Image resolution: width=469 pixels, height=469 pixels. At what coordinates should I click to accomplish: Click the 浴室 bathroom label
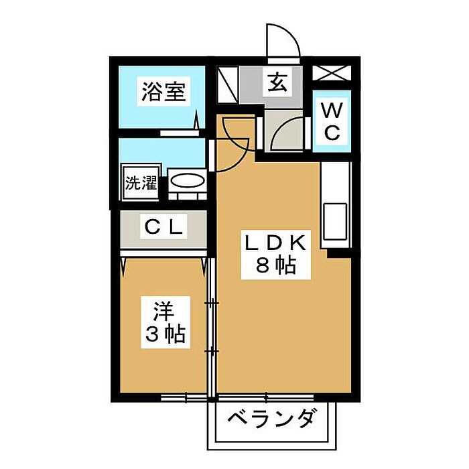pyautogui.click(x=163, y=92)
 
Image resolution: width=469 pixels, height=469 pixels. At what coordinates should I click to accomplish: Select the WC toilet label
pyautogui.click(x=332, y=120)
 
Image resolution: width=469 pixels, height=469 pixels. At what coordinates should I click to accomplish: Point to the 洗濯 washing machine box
pyautogui.click(x=140, y=182)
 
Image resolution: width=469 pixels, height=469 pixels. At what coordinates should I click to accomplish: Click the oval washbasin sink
pyautogui.click(x=187, y=181)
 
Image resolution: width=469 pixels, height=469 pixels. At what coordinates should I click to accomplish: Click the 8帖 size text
pyautogui.click(x=275, y=267)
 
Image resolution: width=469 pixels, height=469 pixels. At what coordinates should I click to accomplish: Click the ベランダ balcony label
pyautogui.click(x=271, y=421)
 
